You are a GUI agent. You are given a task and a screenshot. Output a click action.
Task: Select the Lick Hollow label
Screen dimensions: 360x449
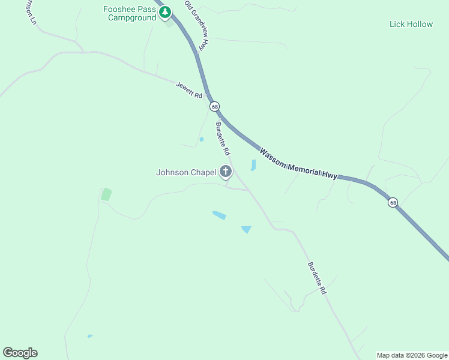click(x=411, y=25)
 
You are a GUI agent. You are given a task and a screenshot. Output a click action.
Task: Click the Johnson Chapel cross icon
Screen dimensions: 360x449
click(x=226, y=173)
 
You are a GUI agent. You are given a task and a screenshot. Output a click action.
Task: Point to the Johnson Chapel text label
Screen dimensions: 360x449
click(x=185, y=173)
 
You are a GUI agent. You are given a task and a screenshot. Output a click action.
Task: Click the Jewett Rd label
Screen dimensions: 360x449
click(x=189, y=90)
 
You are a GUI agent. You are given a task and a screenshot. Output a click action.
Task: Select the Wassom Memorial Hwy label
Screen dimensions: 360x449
click(x=298, y=163)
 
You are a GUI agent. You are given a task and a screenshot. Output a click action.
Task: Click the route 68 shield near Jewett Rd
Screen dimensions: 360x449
click(x=214, y=106)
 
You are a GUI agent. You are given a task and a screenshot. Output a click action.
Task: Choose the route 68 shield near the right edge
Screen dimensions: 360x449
click(x=393, y=202)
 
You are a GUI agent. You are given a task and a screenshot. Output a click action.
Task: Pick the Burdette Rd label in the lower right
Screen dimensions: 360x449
click(x=316, y=278)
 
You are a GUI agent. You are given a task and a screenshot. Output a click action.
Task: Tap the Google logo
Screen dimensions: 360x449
click(x=20, y=353)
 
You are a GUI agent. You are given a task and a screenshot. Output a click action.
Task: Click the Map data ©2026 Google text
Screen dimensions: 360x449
click(x=412, y=355)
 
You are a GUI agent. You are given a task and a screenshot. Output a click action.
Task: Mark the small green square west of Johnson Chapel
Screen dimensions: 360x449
click(x=106, y=194)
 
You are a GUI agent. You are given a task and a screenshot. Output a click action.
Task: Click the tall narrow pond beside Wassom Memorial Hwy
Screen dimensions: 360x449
click(x=253, y=165)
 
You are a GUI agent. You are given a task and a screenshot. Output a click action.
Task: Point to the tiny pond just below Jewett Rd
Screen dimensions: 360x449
click(x=202, y=139)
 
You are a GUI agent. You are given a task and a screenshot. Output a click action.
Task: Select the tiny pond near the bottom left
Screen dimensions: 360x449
click(x=90, y=336)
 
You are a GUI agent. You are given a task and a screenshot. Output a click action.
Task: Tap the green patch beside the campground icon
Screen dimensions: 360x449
click(x=169, y=24)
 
